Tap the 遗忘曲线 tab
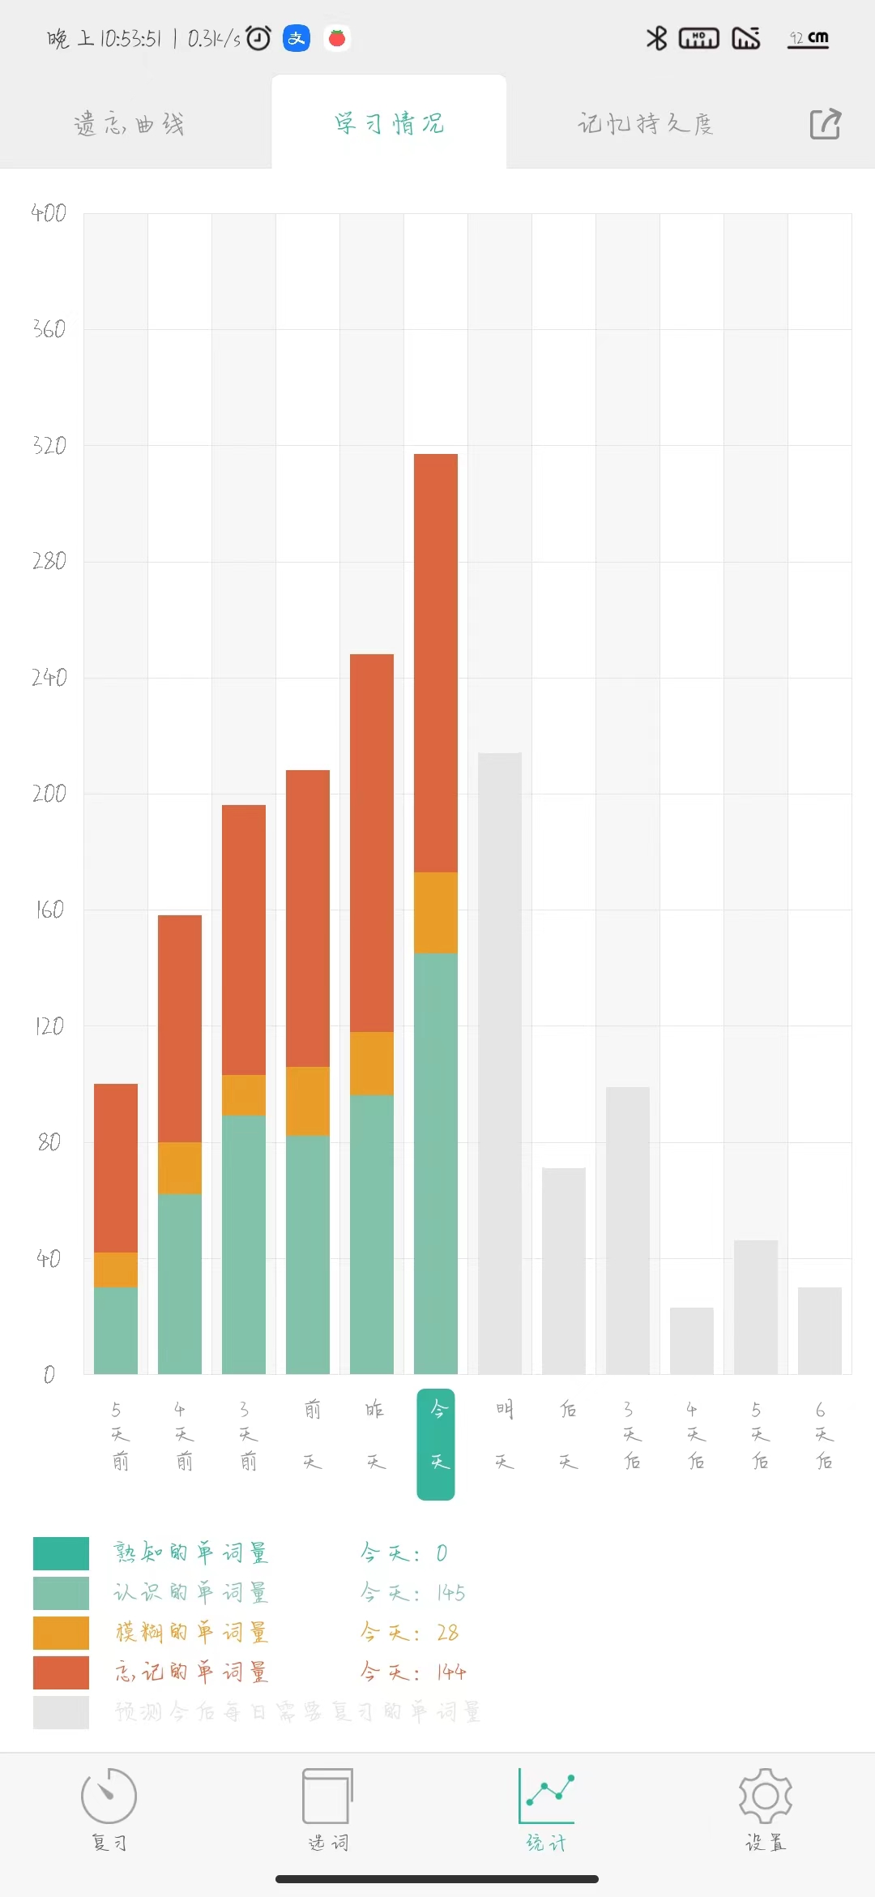130,124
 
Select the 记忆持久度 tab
645,124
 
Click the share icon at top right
826,124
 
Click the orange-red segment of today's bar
436,663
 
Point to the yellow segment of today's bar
436,913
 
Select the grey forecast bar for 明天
500,1063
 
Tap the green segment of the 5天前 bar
116,1330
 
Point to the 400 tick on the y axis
49,213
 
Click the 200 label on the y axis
49,794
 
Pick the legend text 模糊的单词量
191,1632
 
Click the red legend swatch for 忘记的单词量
61,1672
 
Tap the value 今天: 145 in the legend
413,1592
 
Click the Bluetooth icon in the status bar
656,38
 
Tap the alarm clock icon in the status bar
258,38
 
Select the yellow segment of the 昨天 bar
372,1064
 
